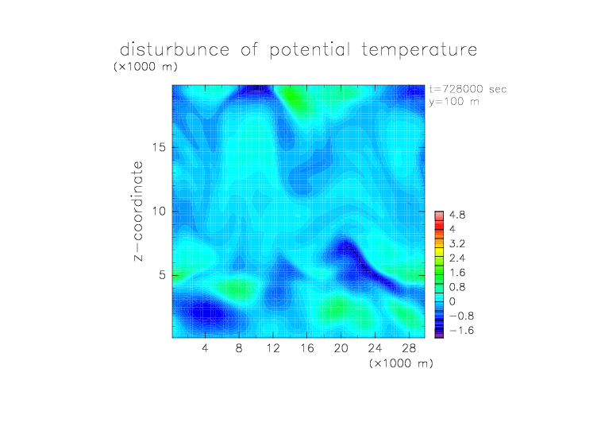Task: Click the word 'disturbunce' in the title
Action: (x=175, y=49)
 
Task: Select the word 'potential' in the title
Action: (x=310, y=50)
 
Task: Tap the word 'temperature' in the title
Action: (x=419, y=50)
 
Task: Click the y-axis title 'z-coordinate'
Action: (x=138, y=211)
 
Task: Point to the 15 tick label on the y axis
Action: (x=159, y=147)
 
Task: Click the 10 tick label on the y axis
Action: (x=159, y=211)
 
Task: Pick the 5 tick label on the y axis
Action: (x=162, y=275)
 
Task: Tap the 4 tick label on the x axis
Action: (x=205, y=347)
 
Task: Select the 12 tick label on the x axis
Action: (x=273, y=347)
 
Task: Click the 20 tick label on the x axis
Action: (x=341, y=347)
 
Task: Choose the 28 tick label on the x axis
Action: (x=409, y=347)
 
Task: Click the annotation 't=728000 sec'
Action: (x=468, y=89)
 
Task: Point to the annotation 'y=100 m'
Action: (x=454, y=102)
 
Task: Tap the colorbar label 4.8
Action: (x=457, y=215)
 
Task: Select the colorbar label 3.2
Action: (x=457, y=244)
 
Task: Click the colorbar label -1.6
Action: (x=461, y=330)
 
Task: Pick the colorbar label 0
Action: (x=452, y=301)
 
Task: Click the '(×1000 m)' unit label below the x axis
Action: (x=401, y=363)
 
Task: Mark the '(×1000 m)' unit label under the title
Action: (x=145, y=66)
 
